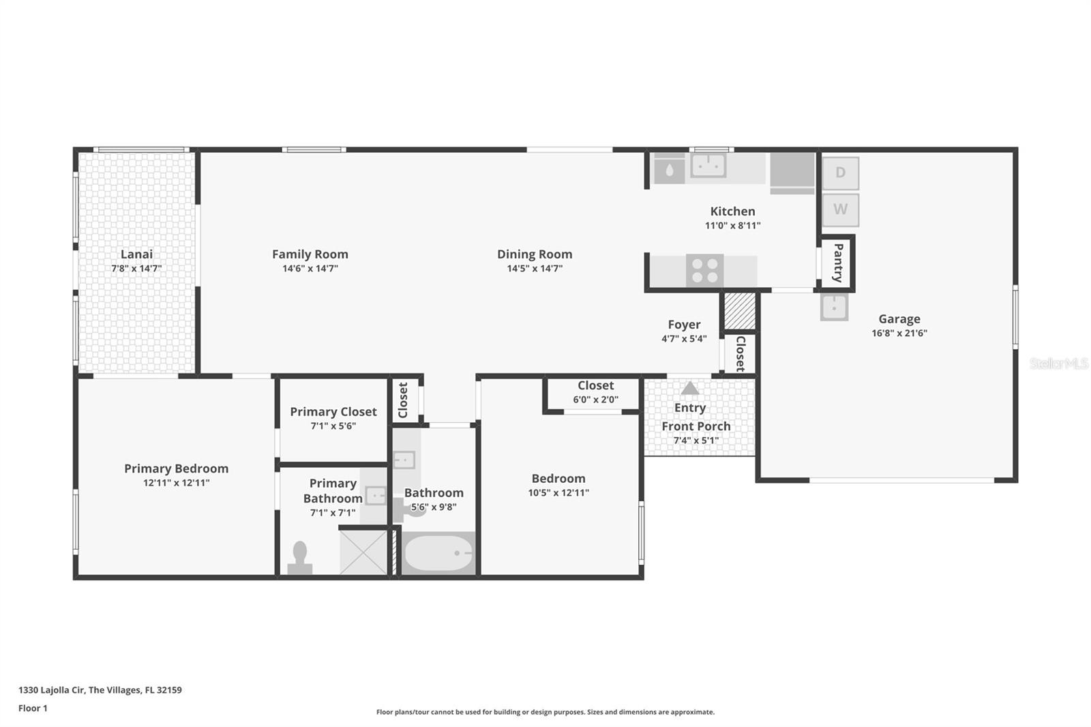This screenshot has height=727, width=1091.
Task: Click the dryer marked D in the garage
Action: click(x=841, y=173)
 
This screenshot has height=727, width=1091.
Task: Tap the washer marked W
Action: click(x=841, y=210)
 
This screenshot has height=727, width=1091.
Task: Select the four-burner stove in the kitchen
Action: click(x=705, y=271)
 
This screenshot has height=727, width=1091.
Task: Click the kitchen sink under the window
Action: click(x=708, y=166)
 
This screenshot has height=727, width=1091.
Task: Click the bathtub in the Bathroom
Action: click(x=438, y=553)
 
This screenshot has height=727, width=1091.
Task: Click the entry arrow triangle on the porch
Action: click(x=690, y=388)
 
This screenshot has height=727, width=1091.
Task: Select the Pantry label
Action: click(x=838, y=263)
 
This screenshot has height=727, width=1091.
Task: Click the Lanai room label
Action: click(x=136, y=254)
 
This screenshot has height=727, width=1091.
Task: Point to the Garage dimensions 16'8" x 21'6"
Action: click(x=899, y=333)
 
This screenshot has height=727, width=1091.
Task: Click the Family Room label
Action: click(x=310, y=254)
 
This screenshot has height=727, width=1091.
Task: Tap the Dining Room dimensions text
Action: click(x=535, y=268)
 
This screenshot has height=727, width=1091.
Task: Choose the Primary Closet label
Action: click(x=333, y=412)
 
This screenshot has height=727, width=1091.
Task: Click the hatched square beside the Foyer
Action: click(x=740, y=310)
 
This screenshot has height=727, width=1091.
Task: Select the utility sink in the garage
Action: click(x=835, y=307)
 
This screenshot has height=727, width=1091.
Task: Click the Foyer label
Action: click(x=685, y=325)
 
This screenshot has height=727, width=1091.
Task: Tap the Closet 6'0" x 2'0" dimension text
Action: click(x=596, y=400)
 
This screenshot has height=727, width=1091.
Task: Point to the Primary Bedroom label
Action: click(x=177, y=469)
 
